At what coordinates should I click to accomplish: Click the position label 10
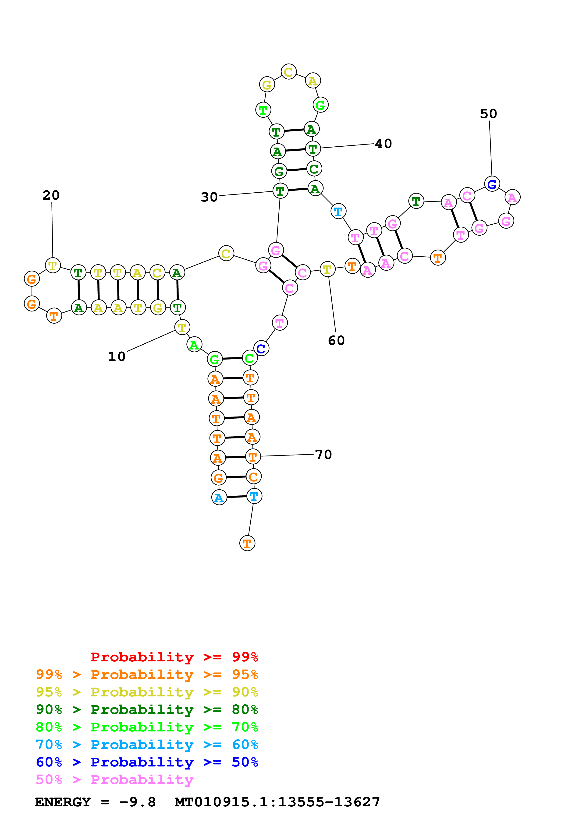click(117, 356)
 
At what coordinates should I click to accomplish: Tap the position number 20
click(51, 195)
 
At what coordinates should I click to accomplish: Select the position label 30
click(209, 197)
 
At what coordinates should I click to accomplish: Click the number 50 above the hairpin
click(488, 114)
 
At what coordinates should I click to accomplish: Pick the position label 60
click(336, 340)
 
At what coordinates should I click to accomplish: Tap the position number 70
click(323, 455)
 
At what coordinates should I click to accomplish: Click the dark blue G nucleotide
click(492, 184)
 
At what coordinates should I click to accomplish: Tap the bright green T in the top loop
click(263, 110)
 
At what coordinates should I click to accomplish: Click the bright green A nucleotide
click(194, 345)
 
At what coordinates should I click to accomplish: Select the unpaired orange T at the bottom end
click(247, 543)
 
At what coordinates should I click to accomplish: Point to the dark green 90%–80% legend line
click(147, 710)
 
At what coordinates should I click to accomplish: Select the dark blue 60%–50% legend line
click(147, 762)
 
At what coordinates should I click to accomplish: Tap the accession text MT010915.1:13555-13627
click(277, 802)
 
